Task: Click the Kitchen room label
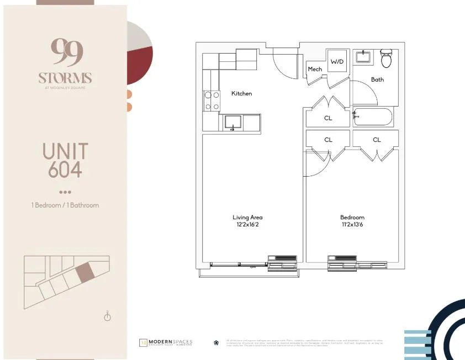pos(241,93)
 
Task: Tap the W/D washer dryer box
pos(337,62)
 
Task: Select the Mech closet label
pos(315,69)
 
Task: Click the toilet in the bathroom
pos(386,59)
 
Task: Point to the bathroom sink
pos(363,56)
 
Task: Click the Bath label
pos(377,80)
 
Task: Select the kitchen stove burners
pos(211,100)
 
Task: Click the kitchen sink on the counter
pos(233,122)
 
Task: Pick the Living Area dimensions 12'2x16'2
pos(247,225)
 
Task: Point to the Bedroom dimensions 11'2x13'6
pos(352,225)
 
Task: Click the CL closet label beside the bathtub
pos(328,118)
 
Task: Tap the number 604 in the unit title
pos(65,170)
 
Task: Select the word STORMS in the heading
pos(65,78)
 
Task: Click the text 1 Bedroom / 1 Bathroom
pos(65,205)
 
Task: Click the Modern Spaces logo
pos(165,342)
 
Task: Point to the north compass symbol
pos(108,316)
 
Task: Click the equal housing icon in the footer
pos(216,342)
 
